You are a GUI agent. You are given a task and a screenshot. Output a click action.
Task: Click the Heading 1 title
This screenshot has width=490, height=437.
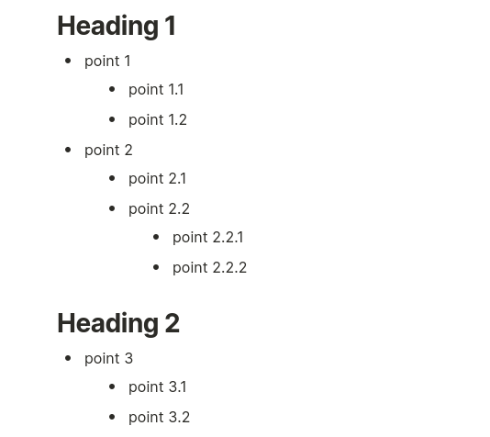coord(117,27)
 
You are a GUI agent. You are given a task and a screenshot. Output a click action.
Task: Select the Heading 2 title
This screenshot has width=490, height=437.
coord(118,324)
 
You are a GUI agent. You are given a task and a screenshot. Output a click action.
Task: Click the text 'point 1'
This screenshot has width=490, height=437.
coord(107,62)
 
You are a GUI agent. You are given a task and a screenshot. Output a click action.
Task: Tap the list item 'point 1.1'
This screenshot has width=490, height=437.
coord(156,90)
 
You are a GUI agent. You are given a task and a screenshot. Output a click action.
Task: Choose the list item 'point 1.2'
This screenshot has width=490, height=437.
coord(158,120)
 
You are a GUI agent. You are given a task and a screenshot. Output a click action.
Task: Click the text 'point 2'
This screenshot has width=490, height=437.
coord(108,151)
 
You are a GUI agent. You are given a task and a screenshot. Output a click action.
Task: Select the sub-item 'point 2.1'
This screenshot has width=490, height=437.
coord(157,179)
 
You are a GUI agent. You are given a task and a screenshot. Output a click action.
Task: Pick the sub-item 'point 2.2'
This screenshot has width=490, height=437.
coord(159,209)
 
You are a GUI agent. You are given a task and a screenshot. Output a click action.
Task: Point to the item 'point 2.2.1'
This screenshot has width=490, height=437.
coord(207,238)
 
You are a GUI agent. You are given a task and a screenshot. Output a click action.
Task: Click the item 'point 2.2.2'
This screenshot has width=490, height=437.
coord(210,268)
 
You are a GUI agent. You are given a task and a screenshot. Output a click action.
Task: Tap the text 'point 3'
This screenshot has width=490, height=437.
coord(109,359)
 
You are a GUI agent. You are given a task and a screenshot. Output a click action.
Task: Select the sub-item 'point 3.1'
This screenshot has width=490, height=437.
coord(158,387)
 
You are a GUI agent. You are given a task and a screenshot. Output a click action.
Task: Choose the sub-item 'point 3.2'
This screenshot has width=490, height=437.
coord(159,418)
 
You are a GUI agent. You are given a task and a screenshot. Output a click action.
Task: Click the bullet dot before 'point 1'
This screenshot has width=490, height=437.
coord(68,61)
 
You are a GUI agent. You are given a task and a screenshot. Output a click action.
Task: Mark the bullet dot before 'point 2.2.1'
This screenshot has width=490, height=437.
coord(156,237)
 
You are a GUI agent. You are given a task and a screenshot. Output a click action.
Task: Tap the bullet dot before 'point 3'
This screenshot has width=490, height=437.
coord(68,358)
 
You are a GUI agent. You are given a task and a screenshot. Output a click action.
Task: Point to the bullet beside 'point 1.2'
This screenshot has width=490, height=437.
coord(112,119)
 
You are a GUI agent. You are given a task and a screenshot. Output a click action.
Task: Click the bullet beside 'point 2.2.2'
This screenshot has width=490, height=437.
coord(156,267)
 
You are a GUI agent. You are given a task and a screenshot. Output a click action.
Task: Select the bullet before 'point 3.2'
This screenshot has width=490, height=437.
coord(112,417)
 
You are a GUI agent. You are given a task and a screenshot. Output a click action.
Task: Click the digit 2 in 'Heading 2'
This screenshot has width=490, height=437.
coord(173,323)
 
